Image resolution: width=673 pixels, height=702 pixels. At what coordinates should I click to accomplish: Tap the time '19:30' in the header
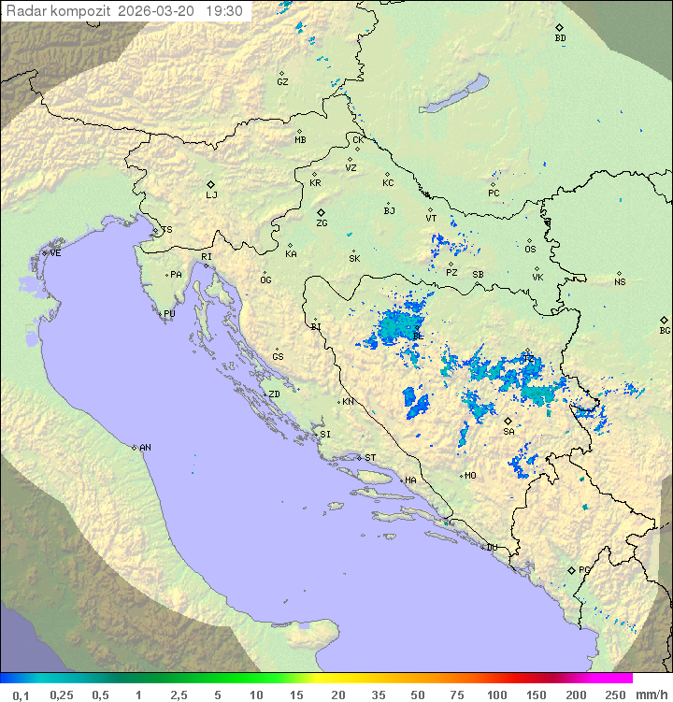(x=224, y=11)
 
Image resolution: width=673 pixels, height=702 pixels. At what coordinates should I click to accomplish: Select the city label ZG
(x=322, y=223)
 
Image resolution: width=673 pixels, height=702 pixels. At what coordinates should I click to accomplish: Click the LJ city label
(x=211, y=194)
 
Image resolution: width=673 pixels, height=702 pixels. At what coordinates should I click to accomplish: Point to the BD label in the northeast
(x=560, y=38)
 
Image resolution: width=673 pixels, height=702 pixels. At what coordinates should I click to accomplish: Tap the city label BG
(x=665, y=330)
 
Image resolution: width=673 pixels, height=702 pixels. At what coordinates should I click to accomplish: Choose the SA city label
(x=508, y=431)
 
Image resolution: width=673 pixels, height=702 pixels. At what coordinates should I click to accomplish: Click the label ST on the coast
(x=370, y=458)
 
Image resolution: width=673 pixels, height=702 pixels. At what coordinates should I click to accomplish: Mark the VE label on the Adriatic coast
(x=55, y=253)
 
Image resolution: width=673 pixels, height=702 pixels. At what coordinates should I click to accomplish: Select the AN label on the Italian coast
(x=145, y=448)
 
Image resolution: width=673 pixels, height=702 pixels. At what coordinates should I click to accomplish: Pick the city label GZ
(x=282, y=81)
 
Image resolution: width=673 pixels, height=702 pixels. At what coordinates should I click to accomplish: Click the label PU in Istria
(x=169, y=314)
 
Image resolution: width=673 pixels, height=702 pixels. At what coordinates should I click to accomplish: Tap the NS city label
(x=620, y=281)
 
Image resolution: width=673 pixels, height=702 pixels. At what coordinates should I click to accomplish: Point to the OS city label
(x=530, y=249)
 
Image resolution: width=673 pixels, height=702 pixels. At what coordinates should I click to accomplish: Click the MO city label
(x=470, y=475)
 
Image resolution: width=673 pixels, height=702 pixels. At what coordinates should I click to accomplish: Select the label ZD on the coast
(x=274, y=394)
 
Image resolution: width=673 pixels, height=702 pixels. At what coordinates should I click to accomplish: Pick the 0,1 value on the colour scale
(x=21, y=695)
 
